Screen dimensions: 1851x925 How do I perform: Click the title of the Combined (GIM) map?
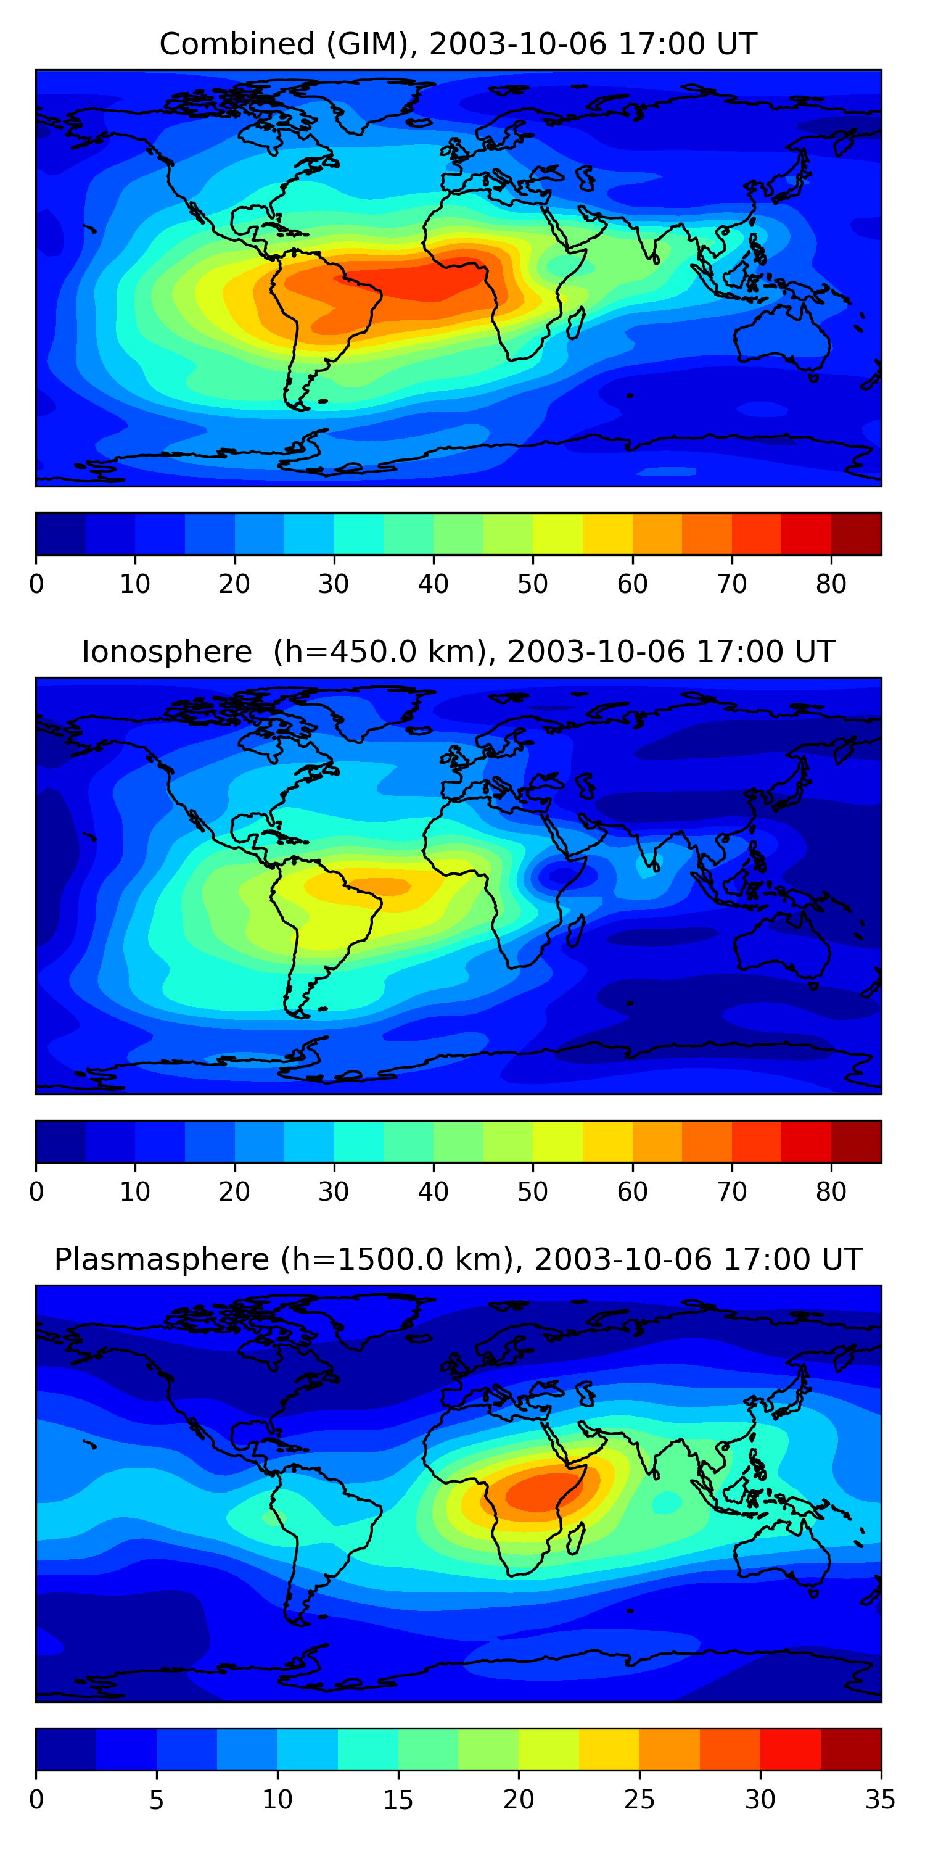pos(458,44)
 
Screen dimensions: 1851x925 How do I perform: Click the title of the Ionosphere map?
pos(458,652)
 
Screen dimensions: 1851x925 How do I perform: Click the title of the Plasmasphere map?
pos(458,1260)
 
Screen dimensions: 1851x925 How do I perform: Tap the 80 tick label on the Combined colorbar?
pos(831,584)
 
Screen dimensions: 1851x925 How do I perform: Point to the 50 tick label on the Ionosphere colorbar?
pos(532,1192)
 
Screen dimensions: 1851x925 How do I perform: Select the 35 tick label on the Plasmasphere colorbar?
pos(881,1800)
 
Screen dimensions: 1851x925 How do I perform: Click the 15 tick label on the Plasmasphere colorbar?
pos(398,1800)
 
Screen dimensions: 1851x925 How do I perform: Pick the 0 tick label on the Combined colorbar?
pos(36,584)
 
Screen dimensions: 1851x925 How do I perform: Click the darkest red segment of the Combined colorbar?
pos(856,534)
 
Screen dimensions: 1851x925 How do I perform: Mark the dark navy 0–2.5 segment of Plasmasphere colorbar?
pos(66,1750)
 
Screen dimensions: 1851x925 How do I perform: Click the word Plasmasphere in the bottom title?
pos(162,1260)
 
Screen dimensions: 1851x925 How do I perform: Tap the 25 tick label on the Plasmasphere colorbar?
pos(638,1800)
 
